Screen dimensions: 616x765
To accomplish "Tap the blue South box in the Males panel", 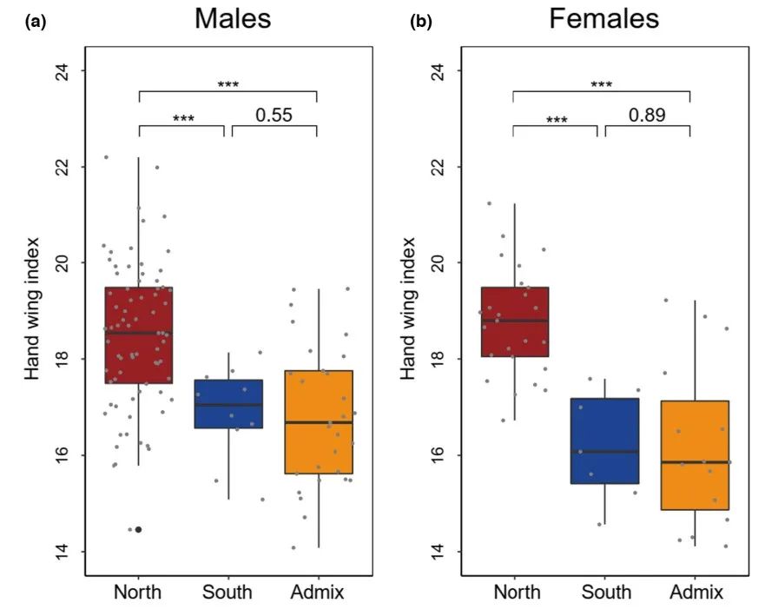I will (228, 403).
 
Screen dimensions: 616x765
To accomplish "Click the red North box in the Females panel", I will (513, 321).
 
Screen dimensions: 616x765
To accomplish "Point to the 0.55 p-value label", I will (274, 115).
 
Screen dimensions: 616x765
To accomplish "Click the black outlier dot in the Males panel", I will (138, 529).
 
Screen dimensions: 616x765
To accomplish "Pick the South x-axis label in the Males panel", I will (228, 593).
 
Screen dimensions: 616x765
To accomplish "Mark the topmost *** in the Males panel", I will (228, 85).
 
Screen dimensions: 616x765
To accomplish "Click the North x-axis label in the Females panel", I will (516, 593).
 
